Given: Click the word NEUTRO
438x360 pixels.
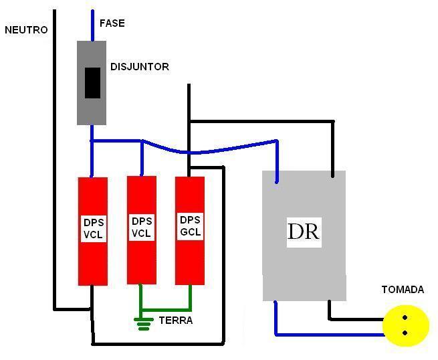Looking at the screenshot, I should point(26,30).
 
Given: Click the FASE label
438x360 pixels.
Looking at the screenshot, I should point(112,23).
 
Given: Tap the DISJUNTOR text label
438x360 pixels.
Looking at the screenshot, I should point(139,67).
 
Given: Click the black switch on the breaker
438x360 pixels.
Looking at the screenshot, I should point(92,83).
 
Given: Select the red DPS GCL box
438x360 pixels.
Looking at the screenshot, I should point(190,231).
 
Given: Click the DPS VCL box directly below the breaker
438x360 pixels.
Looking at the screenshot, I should point(92,231).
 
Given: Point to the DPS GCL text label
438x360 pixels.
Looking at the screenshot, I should point(190,226).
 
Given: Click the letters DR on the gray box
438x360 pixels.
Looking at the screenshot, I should point(303,232).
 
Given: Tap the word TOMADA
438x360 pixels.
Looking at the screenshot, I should point(403,290).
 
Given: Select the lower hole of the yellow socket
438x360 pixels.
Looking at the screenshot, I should point(405,333).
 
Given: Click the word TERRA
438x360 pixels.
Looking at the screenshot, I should point(176,321).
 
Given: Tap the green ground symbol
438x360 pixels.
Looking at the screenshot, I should point(142,324).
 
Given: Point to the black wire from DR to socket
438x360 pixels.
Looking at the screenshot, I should point(354,319).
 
